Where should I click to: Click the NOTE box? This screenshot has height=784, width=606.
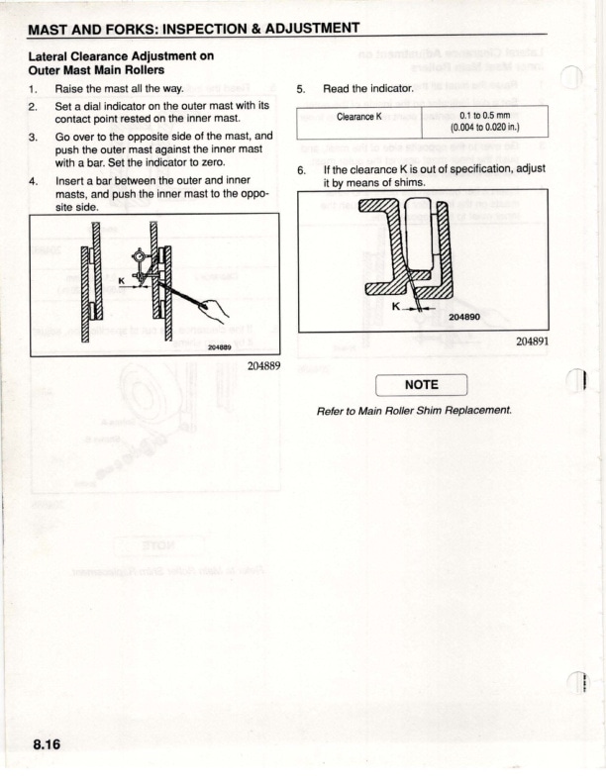click(x=422, y=385)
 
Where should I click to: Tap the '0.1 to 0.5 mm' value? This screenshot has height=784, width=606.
click(x=484, y=115)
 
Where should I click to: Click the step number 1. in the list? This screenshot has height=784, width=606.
click(x=34, y=89)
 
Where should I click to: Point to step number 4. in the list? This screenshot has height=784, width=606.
click(x=34, y=182)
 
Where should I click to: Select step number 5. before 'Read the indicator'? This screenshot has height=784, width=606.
click(x=302, y=89)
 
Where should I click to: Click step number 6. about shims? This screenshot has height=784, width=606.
click(x=302, y=169)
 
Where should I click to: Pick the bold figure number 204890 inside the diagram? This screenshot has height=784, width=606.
click(x=463, y=318)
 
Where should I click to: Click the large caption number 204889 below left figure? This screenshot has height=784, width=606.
click(x=260, y=365)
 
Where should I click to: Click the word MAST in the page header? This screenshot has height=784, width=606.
click(x=54, y=29)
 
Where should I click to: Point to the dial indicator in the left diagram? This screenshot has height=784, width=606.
click(x=142, y=265)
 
